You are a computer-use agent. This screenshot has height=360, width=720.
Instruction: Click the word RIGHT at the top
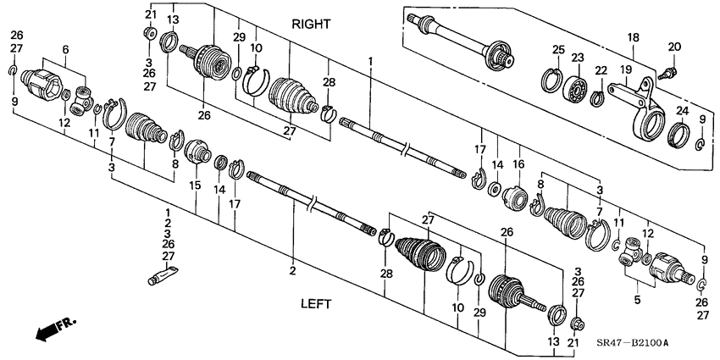(x=311, y=25)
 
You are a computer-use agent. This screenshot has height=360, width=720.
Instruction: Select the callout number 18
(x=632, y=37)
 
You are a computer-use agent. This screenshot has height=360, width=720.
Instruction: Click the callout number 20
(x=675, y=46)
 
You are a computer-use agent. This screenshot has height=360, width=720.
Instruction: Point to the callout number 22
(x=601, y=71)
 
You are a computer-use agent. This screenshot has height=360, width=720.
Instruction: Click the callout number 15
(x=196, y=185)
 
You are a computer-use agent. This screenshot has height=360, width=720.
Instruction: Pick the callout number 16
(x=518, y=164)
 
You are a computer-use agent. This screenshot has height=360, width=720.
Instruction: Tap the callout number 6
(x=66, y=49)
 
